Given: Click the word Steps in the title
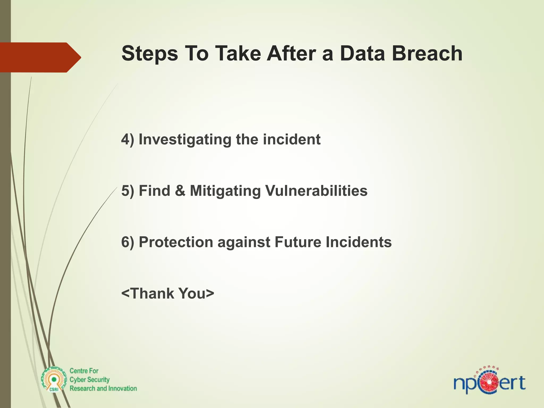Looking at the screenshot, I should point(150,54).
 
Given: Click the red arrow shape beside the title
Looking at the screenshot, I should point(40,57).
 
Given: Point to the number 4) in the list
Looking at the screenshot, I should point(127,139).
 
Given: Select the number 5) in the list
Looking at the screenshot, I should point(127,191).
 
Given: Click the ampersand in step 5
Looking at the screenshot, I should point(180,191).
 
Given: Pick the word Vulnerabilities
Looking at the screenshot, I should point(316,191).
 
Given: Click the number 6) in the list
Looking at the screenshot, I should point(127,242).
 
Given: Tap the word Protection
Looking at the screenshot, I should point(176,242).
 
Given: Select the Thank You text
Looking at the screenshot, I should point(168,293).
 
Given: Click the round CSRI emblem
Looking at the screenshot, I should point(54,380).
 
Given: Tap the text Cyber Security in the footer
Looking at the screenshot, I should point(90,380).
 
